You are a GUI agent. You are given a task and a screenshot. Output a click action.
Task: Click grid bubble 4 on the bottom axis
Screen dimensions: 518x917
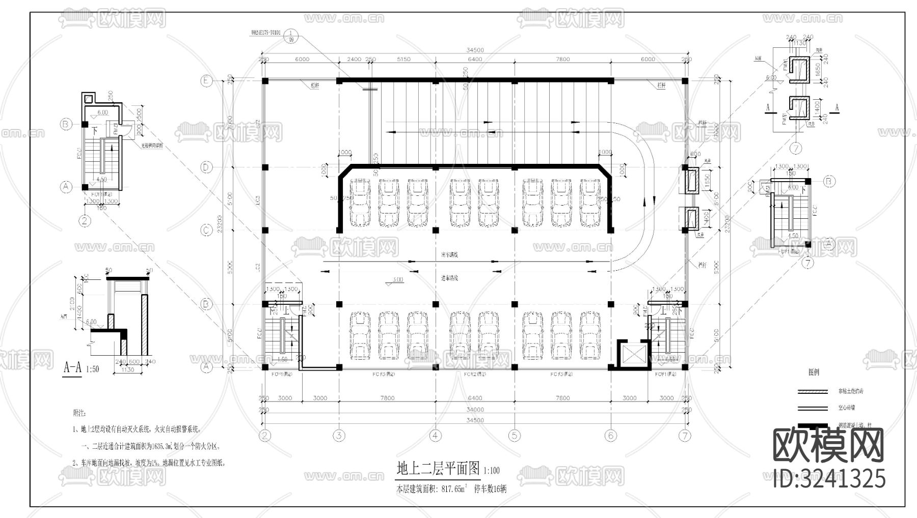435,435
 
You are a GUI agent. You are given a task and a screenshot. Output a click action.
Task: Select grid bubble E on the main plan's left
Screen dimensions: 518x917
207,80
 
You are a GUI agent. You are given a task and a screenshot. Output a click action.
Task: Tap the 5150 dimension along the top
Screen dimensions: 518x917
403,60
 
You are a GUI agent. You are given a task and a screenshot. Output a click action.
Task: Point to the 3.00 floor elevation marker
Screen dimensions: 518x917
397,280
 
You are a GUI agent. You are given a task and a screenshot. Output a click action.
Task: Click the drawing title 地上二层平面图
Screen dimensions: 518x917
438,468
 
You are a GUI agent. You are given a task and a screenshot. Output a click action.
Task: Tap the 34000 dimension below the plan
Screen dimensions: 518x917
474,410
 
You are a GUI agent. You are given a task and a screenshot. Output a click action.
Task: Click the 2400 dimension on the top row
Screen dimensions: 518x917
354,60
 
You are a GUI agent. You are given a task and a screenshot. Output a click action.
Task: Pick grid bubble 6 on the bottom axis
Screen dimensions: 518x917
611,435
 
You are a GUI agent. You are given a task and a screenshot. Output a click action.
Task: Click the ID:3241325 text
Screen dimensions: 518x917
829,479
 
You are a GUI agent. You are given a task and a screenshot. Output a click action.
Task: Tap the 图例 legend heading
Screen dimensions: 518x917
814,372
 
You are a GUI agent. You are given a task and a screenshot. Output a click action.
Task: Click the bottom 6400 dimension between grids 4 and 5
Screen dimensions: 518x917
474,398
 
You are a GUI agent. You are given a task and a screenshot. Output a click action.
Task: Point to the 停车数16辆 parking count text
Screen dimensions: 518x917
491,489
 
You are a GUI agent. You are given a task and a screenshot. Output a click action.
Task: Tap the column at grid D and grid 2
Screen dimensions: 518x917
265,167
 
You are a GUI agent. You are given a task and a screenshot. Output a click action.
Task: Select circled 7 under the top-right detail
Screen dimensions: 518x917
796,149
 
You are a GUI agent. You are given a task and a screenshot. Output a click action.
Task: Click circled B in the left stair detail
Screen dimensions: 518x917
65,124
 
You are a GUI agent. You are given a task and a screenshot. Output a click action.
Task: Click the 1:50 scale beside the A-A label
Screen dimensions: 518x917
93,369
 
